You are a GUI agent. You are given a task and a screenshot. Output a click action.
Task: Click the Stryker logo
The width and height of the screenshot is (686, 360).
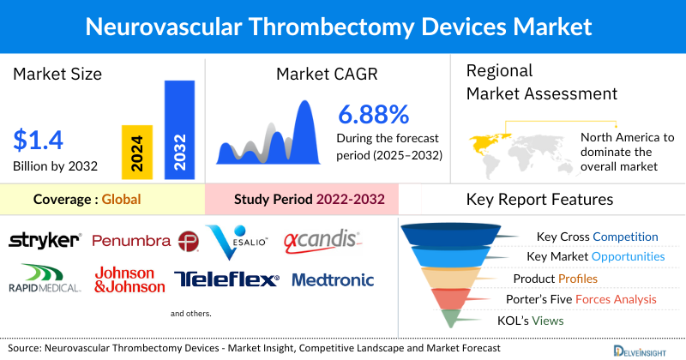(45, 241)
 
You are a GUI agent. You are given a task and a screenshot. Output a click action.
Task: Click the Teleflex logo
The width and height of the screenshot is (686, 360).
(226, 279)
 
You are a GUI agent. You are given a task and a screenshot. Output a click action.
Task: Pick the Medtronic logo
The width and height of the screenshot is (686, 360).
(333, 279)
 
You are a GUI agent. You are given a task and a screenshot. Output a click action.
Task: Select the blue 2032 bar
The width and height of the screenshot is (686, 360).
(179, 129)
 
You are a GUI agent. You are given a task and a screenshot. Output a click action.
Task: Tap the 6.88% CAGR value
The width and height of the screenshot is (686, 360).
(373, 114)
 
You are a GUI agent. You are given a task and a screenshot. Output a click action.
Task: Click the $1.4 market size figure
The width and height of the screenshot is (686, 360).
(39, 139)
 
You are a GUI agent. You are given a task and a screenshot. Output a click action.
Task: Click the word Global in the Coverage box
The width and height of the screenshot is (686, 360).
(121, 200)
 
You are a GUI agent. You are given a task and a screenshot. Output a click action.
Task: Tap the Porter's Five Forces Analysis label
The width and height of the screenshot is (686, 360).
(585, 299)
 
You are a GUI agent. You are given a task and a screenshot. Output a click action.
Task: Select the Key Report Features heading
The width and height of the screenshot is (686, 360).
(539, 200)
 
